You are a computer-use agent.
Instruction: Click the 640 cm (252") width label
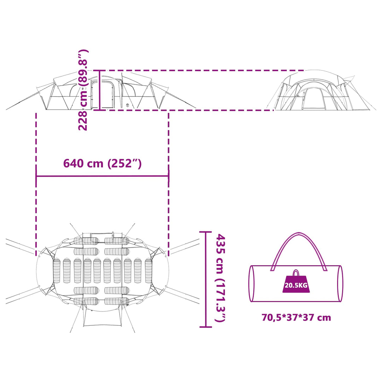(102, 163)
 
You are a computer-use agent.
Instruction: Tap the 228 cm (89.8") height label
(83, 90)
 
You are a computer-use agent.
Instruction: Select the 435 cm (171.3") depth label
(220, 278)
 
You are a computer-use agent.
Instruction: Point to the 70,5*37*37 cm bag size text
(296, 318)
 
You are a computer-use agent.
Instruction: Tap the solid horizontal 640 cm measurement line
(102, 176)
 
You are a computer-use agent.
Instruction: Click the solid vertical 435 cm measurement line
(206, 279)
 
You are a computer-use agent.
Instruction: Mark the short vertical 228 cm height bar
(99, 90)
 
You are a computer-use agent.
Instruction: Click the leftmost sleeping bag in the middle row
(57, 271)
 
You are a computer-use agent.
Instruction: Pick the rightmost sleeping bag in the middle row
(149, 271)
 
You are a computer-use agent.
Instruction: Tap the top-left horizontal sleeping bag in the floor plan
(86, 241)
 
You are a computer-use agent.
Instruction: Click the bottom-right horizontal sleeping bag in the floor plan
(117, 301)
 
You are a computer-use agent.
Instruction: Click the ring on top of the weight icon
(296, 273)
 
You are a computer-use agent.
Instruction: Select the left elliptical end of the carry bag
(252, 284)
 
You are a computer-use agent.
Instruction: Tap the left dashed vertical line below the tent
(36, 184)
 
